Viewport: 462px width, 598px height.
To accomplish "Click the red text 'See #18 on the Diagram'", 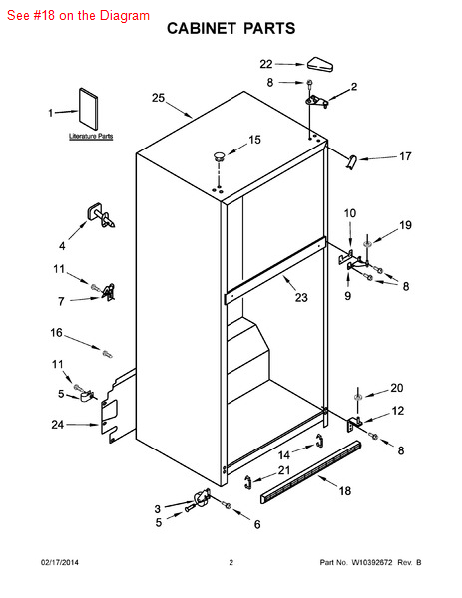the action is click(78, 16).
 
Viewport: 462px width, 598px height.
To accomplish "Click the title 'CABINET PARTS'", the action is click(231, 29).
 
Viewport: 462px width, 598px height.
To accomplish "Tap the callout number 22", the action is click(266, 64).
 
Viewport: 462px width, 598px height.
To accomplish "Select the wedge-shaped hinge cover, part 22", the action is click(320, 64).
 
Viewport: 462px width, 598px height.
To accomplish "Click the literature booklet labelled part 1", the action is click(88, 109).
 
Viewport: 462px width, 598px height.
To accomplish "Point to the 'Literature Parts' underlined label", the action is click(91, 136).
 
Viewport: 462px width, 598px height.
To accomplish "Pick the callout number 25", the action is click(158, 98).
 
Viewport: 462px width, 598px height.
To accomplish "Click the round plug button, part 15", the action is click(219, 156).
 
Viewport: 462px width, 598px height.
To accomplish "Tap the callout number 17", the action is click(405, 156).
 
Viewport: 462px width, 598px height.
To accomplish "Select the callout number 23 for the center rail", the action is click(301, 297).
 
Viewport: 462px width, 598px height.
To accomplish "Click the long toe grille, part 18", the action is click(310, 472).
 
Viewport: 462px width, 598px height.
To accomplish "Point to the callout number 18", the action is click(345, 490).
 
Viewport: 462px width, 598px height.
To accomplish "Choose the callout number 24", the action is click(58, 425).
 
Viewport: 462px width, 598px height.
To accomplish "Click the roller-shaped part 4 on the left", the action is click(101, 216).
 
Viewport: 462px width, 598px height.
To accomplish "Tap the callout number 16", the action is click(56, 333).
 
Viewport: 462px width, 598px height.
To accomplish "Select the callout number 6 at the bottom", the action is click(257, 525).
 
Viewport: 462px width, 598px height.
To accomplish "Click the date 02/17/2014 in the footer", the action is click(60, 562).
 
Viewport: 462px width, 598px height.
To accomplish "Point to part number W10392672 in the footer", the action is click(372, 562).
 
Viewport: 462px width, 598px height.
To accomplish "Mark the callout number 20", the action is click(397, 388).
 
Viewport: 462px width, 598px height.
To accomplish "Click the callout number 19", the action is click(405, 225).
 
